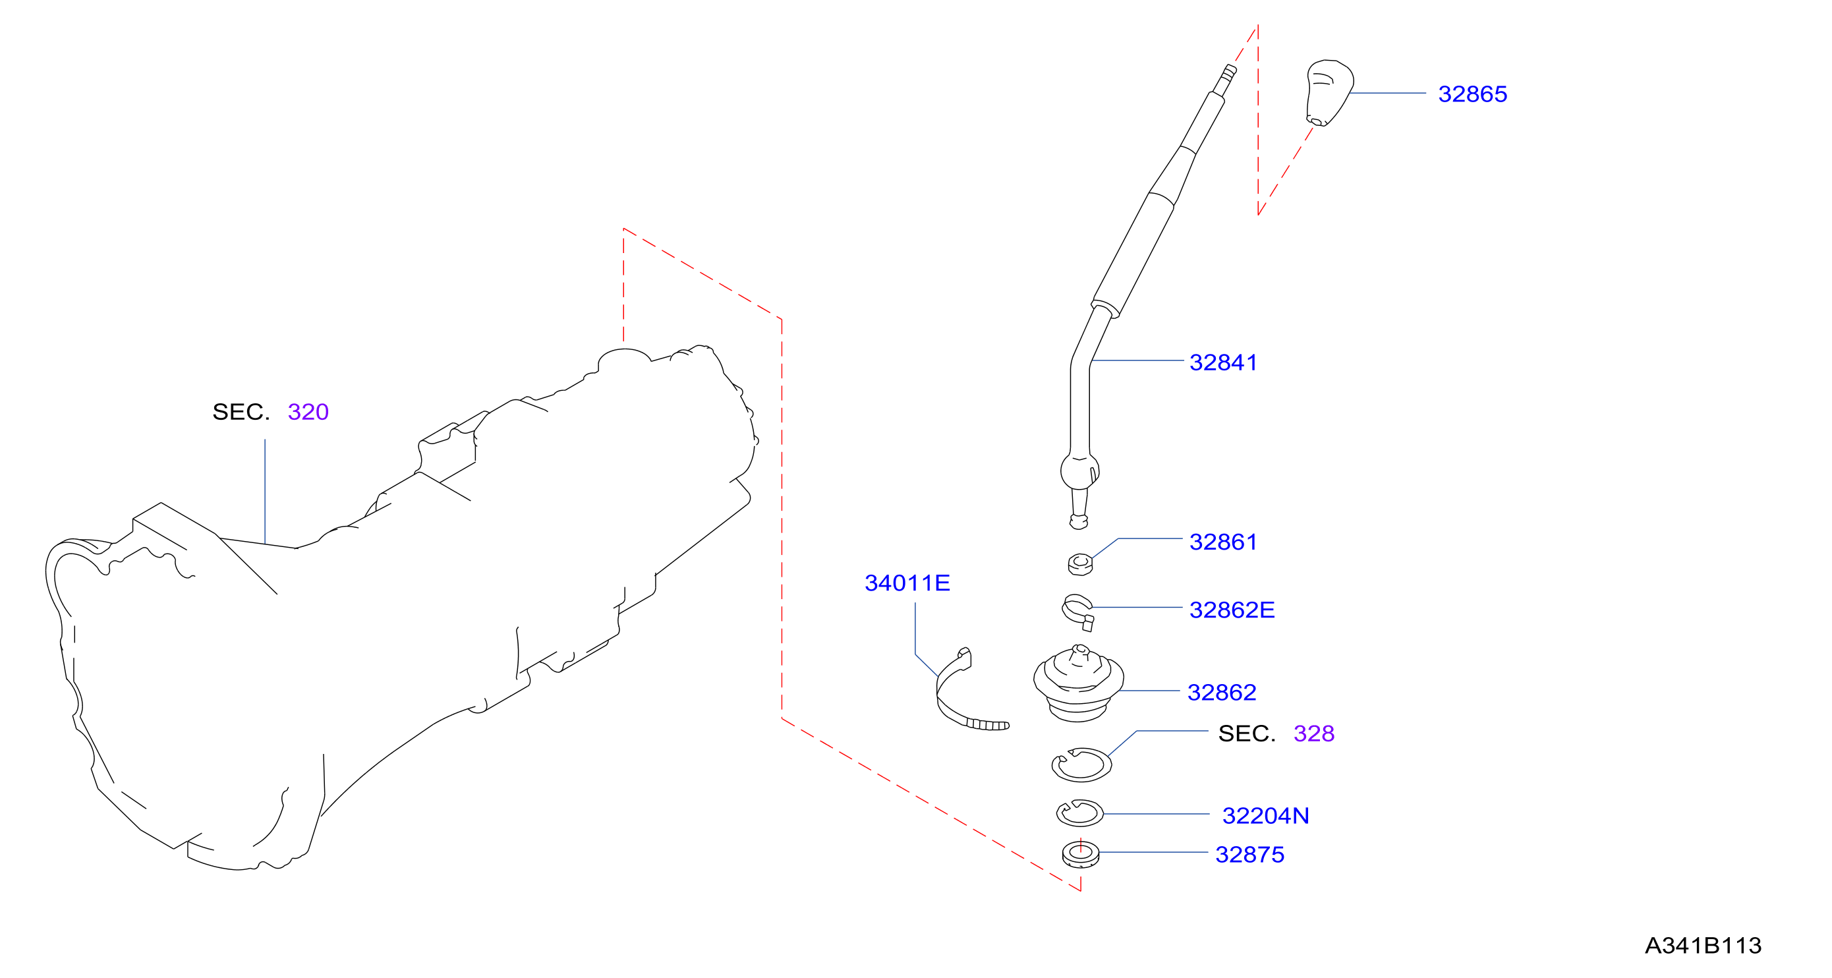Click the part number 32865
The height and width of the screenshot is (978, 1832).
pos(1472,94)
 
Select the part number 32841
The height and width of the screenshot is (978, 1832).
pos(1223,362)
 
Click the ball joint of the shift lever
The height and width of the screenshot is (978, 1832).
pos(1079,471)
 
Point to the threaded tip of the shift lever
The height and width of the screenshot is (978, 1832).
pos(1228,73)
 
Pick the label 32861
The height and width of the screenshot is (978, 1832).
pos(1223,542)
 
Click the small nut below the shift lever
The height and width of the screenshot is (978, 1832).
pos(1080,564)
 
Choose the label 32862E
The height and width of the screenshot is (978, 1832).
pos(1232,610)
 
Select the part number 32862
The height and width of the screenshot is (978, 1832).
pos(1222,693)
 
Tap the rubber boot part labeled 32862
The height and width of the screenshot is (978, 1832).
pos(1078,684)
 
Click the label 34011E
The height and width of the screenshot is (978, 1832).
pos(907,583)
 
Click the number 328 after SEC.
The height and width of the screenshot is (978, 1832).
pos(1313,734)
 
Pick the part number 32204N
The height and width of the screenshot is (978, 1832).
pos(1266,816)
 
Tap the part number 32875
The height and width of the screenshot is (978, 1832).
pos(1249,855)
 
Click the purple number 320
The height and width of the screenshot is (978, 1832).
pos(308,412)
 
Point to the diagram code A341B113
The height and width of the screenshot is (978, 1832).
pos(1703,946)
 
